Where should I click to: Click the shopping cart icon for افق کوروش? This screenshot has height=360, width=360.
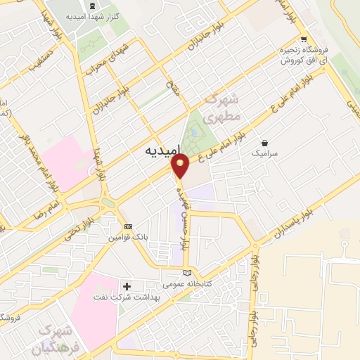(303, 40)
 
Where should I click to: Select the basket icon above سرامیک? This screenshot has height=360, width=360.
(264, 143)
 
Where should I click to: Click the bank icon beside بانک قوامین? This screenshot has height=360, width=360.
(128, 226)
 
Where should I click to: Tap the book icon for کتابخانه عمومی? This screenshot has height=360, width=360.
(186, 273)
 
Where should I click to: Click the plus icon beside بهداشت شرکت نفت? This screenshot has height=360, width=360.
(127, 286)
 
